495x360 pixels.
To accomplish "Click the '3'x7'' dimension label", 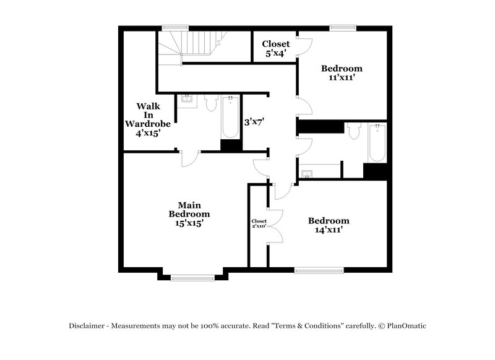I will [254, 122].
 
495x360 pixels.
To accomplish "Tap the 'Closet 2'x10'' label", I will [259, 223].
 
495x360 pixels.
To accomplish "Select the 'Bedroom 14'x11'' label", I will [328, 225].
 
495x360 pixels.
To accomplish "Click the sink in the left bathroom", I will [186, 100].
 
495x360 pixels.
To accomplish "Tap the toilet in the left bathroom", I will [210, 102].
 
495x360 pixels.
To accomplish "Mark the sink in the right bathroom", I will [308, 171].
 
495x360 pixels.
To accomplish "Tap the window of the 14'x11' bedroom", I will [319, 270].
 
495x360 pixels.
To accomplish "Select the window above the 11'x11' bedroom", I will [342, 27].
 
